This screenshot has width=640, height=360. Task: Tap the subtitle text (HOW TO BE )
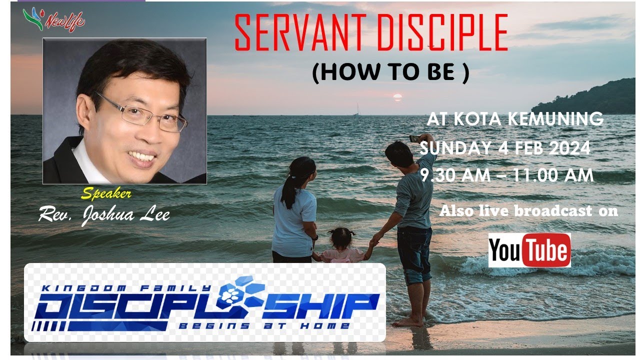click(x=390, y=73)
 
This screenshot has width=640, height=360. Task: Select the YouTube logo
click(x=529, y=250)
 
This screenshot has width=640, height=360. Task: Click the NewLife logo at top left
click(x=54, y=20)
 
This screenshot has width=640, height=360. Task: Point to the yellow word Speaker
click(x=106, y=193)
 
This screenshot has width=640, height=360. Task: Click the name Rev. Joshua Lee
click(x=104, y=214)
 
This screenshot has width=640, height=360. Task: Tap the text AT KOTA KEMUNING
click(x=514, y=119)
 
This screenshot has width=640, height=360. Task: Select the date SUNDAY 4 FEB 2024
click(x=505, y=148)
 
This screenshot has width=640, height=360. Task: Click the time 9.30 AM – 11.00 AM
click(x=507, y=175)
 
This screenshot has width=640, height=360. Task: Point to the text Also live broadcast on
click(x=528, y=211)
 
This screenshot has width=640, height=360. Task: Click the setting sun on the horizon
click(x=397, y=97)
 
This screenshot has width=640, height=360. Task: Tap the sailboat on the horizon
click(x=356, y=110)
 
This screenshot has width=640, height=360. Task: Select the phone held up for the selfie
click(x=414, y=138)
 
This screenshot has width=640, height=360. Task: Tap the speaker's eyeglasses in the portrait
click(x=142, y=113)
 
